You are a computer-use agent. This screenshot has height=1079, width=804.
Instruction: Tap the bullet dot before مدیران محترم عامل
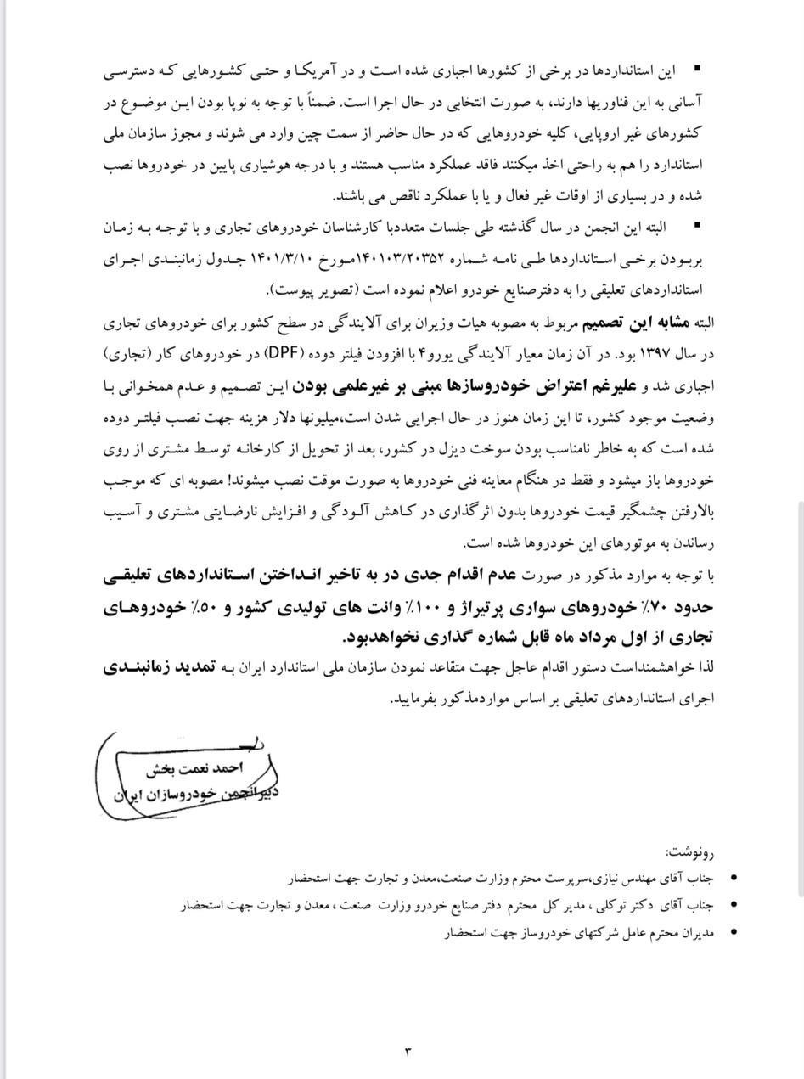(734, 931)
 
